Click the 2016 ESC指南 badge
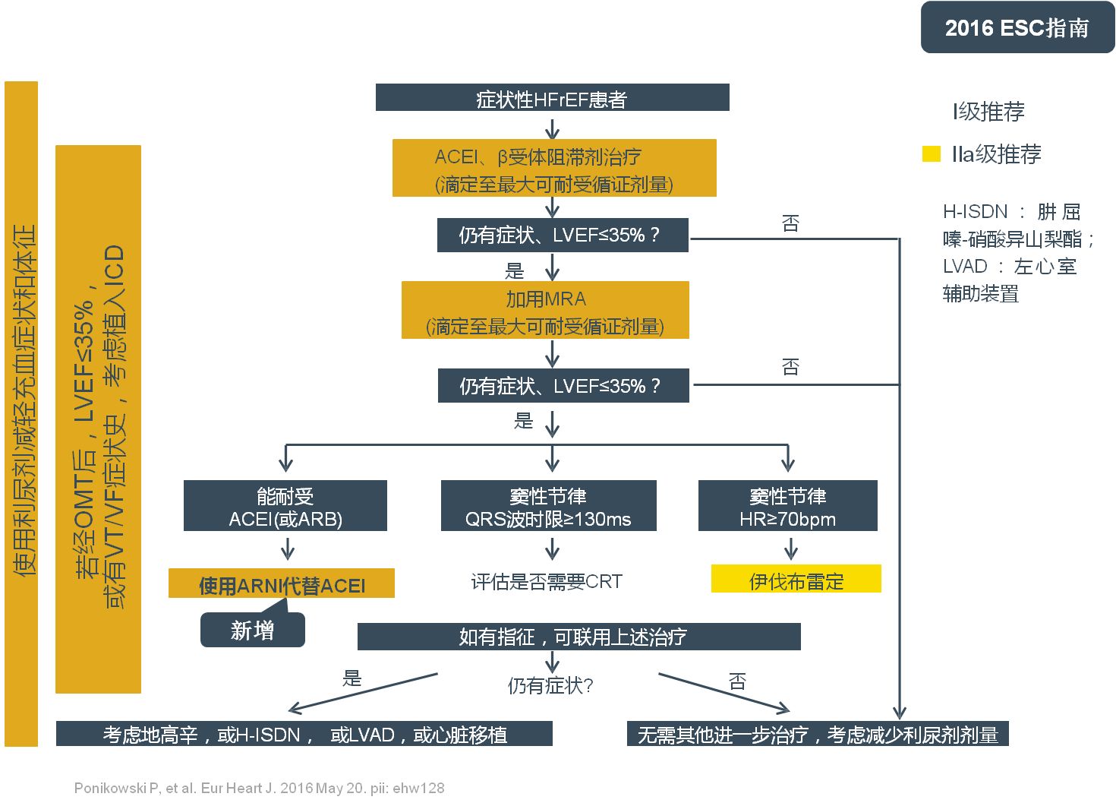[x=1017, y=27]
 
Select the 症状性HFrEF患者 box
[x=552, y=98]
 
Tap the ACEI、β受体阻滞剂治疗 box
[x=554, y=169]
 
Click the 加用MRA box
[x=545, y=311]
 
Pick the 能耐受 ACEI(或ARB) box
[x=285, y=506]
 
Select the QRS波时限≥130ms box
[x=548, y=506]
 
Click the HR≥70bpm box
[x=787, y=506]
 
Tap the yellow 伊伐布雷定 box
[x=796, y=580]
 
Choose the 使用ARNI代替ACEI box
[x=282, y=584]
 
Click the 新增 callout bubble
[x=252, y=631]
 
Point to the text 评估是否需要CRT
[x=547, y=582]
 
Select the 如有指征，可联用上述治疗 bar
[x=578, y=637]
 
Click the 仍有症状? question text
[x=550, y=686]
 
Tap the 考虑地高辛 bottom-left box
[x=304, y=734]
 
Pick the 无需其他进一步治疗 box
[x=818, y=734]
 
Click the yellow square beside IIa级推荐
[x=931, y=154]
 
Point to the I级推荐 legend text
[x=988, y=112]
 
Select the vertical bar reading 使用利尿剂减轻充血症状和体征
[x=21, y=414]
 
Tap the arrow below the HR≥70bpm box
[x=790, y=549]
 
